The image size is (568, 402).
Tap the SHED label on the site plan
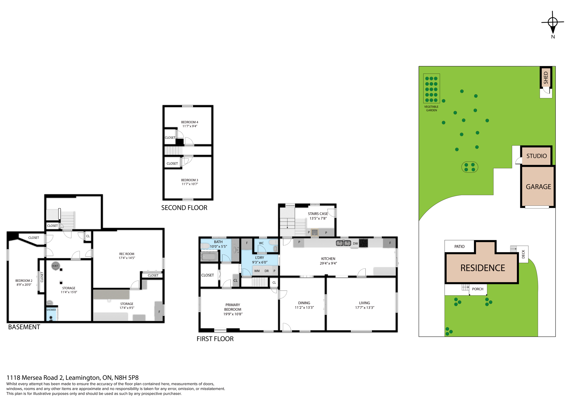[x=546, y=78]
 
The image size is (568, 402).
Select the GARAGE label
[x=538, y=187]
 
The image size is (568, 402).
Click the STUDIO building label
[x=536, y=156]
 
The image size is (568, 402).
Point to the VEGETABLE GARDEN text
[x=431, y=109]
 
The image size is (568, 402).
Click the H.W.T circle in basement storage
[x=55, y=266]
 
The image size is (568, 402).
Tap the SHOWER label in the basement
[x=51, y=310]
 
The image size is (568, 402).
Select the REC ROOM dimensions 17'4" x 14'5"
[x=127, y=258]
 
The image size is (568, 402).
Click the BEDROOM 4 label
[x=189, y=122]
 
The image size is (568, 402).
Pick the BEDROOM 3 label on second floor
[x=189, y=180]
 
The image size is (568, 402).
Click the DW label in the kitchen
[x=355, y=244]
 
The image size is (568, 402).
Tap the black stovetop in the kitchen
[x=363, y=243]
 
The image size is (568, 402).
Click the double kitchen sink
[x=343, y=243]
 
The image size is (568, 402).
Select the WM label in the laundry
[x=257, y=271]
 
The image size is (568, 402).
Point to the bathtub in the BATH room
[x=209, y=257]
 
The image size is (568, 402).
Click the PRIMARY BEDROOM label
[x=233, y=307]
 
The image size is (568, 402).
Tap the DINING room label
[x=304, y=303]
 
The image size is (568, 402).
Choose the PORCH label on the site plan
[x=478, y=289]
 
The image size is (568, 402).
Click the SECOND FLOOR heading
[x=184, y=208]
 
